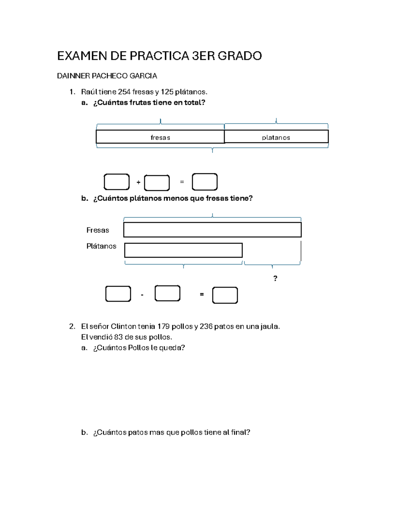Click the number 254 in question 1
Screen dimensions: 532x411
(x=124, y=92)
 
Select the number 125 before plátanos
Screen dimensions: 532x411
(x=167, y=92)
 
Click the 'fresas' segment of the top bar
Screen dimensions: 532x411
(x=160, y=137)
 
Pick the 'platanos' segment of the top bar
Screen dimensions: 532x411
(x=276, y=137)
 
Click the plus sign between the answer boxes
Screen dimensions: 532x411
(x=138, y=182)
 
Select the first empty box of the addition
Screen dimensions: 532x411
(x=116, y=182)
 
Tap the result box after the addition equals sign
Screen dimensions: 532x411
(x=204, y=182)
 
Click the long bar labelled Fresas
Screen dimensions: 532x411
(x=212, y=230)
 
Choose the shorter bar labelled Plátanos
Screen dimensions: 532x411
(x=183, y=250)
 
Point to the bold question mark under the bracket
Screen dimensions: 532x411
(x=275, y=278)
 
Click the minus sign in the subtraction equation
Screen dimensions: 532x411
(x=142, y=295)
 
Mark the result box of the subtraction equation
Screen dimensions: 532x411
(x=225, y=295)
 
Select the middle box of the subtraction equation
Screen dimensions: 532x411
(x=167, y=294)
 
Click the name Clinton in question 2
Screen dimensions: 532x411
(x=123, y=326)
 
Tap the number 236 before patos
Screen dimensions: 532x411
(x=206, y=326)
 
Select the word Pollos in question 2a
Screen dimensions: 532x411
(x=138, y=348)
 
